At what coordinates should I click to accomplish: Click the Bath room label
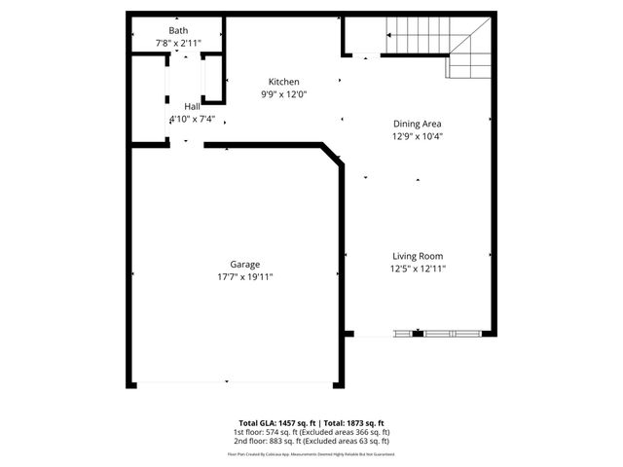point(178,31)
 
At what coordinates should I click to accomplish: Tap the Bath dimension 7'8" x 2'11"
point(178,44)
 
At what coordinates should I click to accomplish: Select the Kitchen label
point(284,82)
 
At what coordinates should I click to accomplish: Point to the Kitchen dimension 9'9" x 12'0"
point(284,94)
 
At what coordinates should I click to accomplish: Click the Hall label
point(192,106)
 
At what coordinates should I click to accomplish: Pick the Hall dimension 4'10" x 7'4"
point(192,119)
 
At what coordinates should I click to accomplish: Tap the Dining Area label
point(418,124)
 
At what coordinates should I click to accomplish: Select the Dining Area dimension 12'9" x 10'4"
point(418,136)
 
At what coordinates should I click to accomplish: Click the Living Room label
point(418,256)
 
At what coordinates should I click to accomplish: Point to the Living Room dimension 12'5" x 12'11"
point(418,269)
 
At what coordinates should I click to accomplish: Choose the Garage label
point(244,264)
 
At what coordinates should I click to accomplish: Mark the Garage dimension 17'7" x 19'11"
point(244,276)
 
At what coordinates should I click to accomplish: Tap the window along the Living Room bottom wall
point(437,335)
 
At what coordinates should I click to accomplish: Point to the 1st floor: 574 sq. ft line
point(311,432)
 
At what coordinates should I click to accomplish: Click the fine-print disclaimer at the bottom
point(311,453)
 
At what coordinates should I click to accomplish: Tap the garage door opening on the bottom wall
point(227,382)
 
